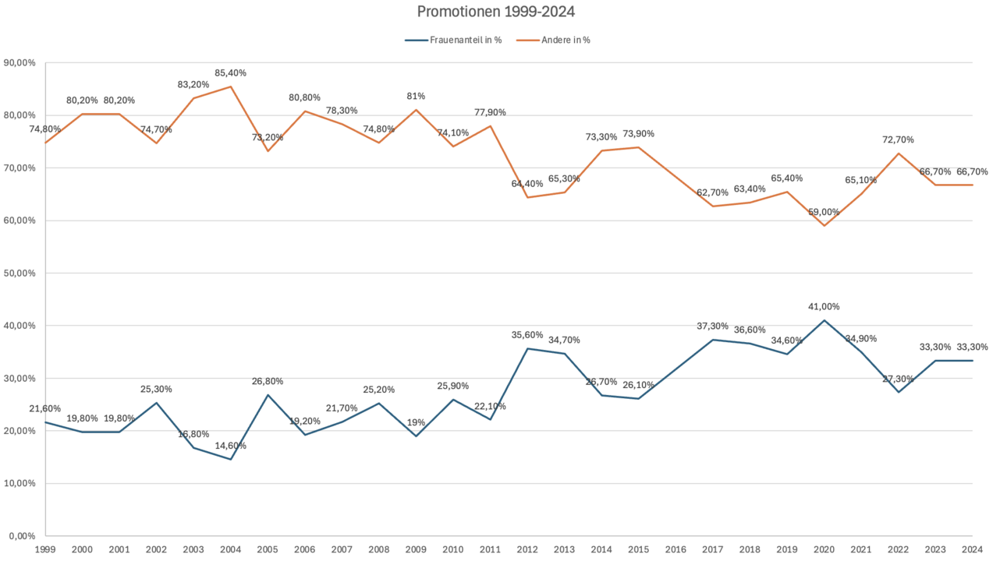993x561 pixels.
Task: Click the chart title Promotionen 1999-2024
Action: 496,12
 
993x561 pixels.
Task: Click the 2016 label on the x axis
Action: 675,549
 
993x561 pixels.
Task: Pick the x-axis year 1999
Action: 45,549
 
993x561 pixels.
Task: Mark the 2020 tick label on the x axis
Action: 824,549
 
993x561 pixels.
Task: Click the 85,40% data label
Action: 230,73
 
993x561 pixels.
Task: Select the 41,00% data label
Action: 824,307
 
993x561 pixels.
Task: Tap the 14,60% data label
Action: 230,446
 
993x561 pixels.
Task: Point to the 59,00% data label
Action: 824,212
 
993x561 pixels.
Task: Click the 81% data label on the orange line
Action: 416,96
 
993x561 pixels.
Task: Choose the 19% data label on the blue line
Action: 416,422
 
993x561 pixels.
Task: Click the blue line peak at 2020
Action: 824,320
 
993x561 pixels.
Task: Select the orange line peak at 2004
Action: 230,86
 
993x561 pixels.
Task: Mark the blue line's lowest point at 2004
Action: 230,459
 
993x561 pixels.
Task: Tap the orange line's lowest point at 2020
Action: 824,225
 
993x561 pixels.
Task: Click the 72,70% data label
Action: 898,140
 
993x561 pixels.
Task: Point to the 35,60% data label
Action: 527,335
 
